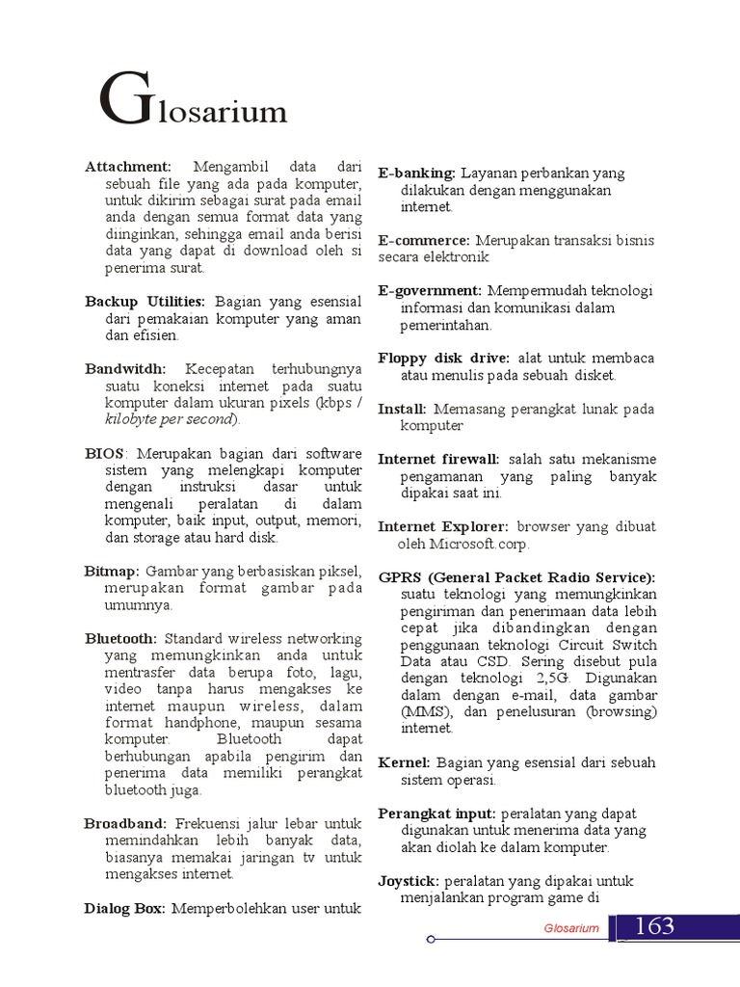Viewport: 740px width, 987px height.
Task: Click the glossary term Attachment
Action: (127, 168)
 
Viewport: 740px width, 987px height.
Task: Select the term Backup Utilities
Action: (145, 302)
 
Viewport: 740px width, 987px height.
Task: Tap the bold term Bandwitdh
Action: (125, 369)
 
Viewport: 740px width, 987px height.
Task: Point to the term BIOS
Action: (104, 453)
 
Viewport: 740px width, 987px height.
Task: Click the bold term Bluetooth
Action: (120, 638)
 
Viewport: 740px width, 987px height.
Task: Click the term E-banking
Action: (416, 173)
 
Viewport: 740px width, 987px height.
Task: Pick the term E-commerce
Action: (423, 240)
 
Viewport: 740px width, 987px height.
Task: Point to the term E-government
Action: (429, 290)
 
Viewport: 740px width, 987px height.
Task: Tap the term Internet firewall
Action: (438, 459)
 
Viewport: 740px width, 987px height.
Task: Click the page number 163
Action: (655, 927)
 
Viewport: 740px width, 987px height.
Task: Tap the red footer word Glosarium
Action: (571, 928)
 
